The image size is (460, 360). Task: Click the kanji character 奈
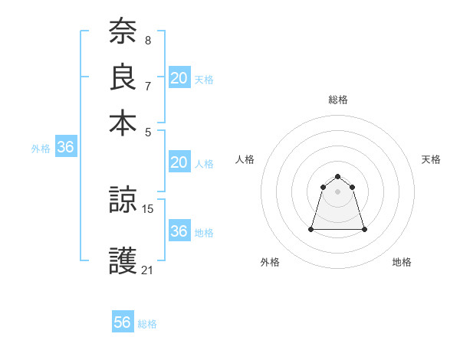[x=123, y=31]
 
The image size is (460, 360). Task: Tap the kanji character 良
[x=123, y=77]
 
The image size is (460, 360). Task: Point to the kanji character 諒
[x=123, y=200]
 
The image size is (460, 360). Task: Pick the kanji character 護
[x=123, y=261]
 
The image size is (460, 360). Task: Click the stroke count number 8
[x=147, y=40]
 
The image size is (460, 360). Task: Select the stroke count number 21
[x=148, y=270]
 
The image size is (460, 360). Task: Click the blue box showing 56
[x=123, y=322]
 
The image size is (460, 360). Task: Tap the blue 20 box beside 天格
[x=179, y=78]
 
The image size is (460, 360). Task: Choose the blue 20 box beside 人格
[x=179, y=162]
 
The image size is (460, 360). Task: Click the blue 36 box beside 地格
[x=179, y=231]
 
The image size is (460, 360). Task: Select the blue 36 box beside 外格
[x=65, y=148]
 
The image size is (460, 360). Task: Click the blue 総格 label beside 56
[x=148, y=324]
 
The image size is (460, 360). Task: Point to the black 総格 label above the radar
[x=337, y=100]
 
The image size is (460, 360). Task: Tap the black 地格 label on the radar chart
[x=402, y=263]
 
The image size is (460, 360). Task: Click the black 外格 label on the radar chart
[x=270, y=263]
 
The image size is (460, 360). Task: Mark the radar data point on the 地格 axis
[x=364, y=229]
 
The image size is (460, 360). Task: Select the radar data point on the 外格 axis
[x=311, y=229]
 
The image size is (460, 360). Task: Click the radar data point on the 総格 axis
[x=337, y=177]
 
